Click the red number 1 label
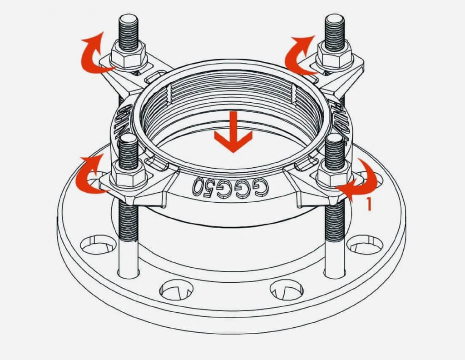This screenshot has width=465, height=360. [369, 205]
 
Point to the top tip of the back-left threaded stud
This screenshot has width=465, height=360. [129, 18]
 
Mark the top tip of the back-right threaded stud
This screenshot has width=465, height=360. [335, 17]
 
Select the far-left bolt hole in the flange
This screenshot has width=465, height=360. [98, 244]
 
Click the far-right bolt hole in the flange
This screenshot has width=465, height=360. [365, 245]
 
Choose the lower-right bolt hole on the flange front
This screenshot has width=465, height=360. [287, 290]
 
